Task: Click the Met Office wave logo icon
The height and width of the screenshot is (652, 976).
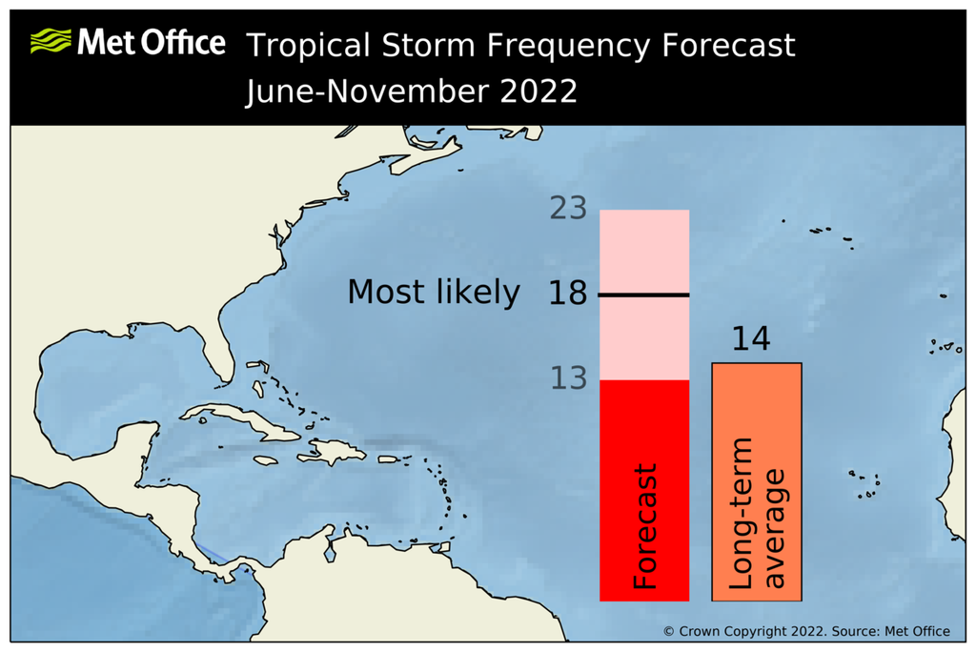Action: tap(51, 42)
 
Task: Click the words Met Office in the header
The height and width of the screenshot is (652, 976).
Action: tap(152, 43)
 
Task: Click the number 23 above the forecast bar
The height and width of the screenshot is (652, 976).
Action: tap(568, 209)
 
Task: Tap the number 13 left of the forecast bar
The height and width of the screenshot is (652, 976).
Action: tap(568, 379)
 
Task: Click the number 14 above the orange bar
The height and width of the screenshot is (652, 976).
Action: tap(750, 340)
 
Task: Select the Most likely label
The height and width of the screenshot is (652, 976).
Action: tap(434, 293)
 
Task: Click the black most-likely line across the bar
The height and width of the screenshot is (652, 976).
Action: tap(644, 295)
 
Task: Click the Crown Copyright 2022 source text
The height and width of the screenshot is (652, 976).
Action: tap(806, 631)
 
